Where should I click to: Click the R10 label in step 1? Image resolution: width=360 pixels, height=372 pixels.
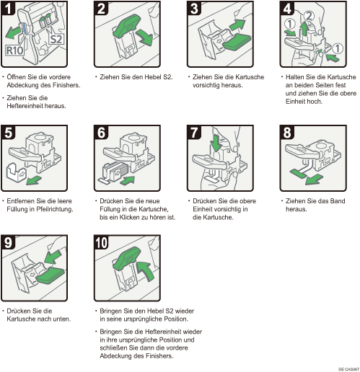pos(14,50)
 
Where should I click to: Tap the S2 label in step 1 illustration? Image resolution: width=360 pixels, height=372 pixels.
pos(56,39)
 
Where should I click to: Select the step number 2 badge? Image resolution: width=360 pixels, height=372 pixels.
pos(101,9)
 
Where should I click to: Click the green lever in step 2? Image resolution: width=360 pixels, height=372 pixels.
pos(127,25)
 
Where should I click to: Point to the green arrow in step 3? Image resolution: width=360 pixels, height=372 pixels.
pos(237,25)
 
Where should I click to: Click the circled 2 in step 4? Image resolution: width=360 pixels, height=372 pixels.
pos(309,16)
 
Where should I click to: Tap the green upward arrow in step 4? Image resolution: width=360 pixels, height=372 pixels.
pos(304,29)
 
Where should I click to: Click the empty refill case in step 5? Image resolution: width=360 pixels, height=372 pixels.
pos(17,172)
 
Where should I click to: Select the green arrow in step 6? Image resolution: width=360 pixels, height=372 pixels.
pos(127,180)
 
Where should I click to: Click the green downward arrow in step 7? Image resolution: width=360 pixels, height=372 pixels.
pos(216,143)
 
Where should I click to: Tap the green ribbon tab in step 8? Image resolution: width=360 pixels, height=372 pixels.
pos(298,174)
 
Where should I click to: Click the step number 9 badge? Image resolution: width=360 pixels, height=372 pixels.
pos(8,242)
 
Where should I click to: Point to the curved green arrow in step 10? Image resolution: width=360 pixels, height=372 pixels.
pos(146,271)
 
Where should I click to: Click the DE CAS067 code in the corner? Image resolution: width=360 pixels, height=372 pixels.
pos(348,369)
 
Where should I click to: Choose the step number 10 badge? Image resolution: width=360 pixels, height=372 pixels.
pos(102,242)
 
